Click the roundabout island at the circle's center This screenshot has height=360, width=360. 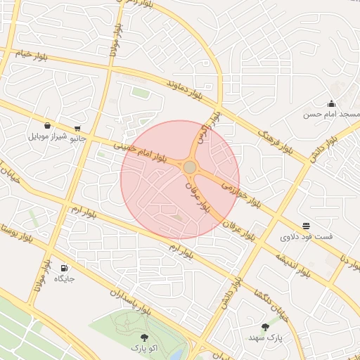click(x=190, y=167)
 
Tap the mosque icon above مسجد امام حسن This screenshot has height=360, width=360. click(x=331, y=103)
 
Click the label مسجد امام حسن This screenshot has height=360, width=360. click(x=331, y=114)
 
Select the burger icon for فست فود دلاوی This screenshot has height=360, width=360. click(x=307, y=226)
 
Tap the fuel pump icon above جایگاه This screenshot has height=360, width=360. click(x=64, y=268)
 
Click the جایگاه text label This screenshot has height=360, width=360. click(x=64, y=279)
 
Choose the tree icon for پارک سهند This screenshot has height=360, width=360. click(x=265, y=327)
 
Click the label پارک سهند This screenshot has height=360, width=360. click(x=265, y=338)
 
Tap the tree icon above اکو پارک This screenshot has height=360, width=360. click(x=145, y=337)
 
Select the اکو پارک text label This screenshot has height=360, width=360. click(x=145, y=348)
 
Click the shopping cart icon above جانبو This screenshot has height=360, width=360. click(x=77, y=128)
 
